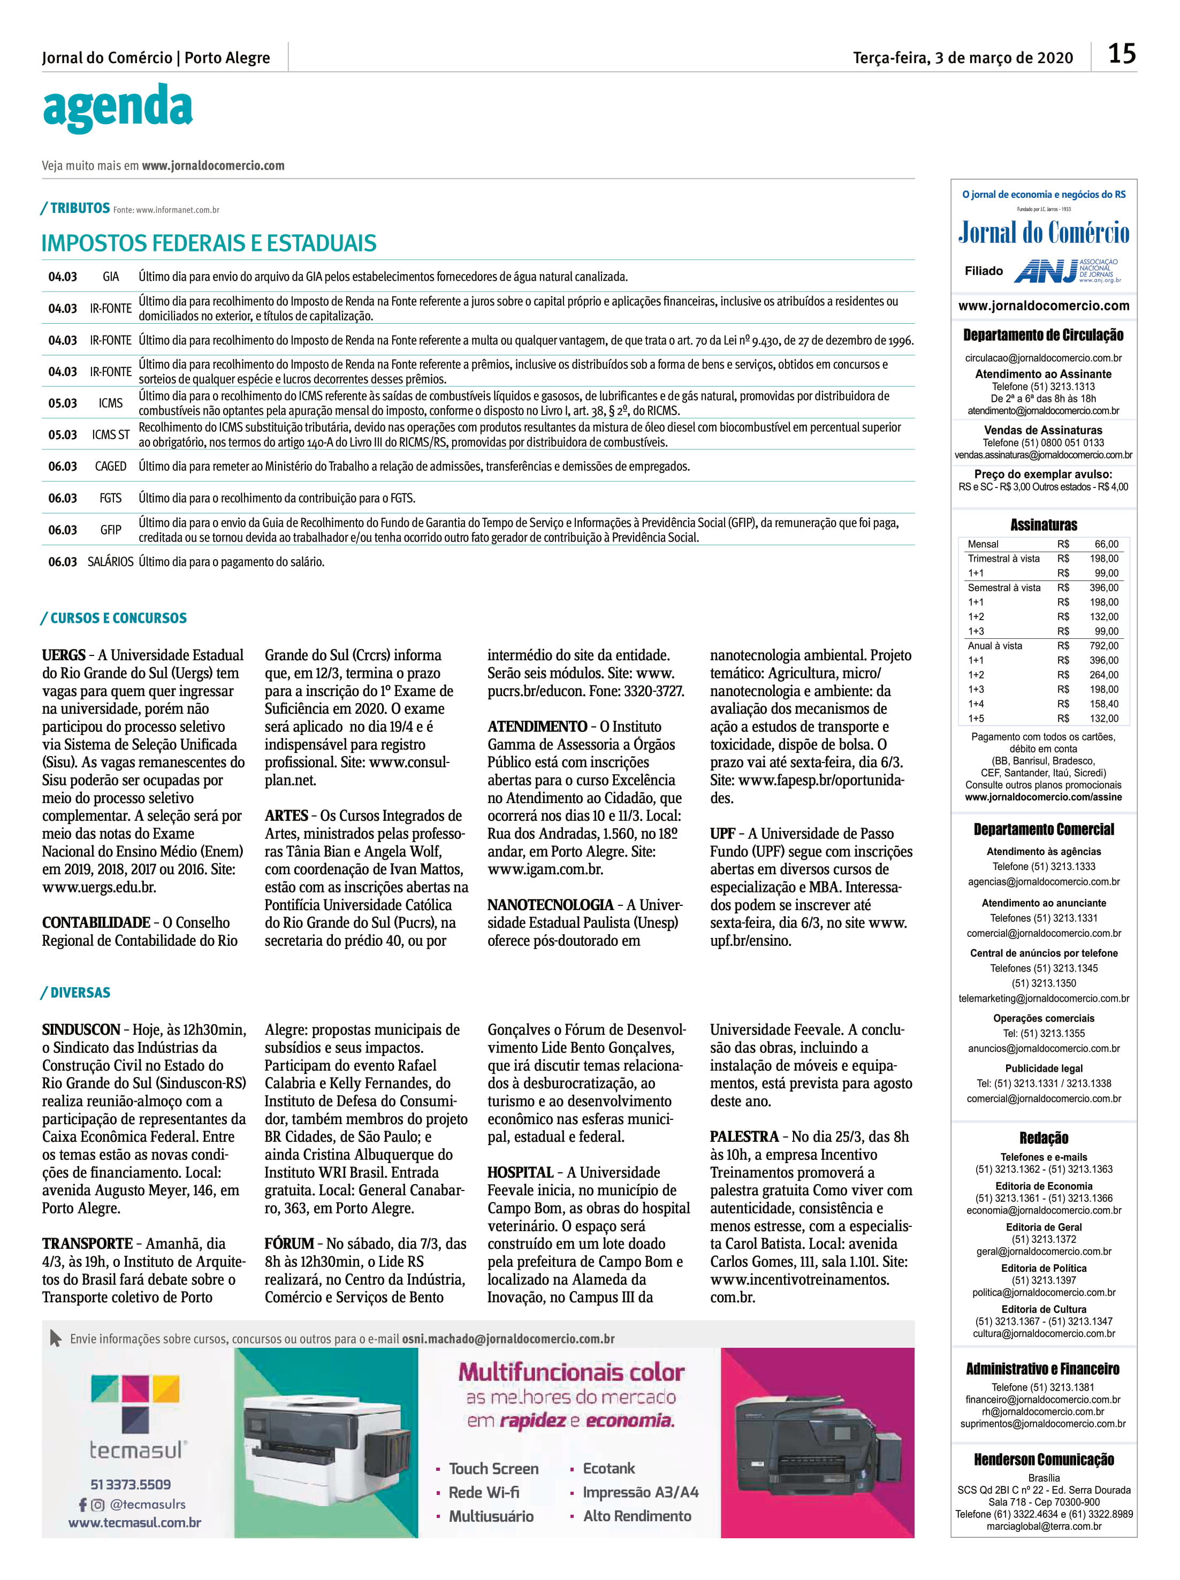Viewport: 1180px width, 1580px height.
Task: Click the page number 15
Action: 1122,54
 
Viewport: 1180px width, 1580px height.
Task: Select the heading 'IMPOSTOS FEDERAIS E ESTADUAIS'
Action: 209,243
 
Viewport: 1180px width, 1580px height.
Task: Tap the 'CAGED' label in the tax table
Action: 111,466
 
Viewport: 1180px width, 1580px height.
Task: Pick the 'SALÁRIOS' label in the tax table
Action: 111,562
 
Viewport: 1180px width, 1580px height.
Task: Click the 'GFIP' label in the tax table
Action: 111,530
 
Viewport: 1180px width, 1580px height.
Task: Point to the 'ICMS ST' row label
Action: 111,435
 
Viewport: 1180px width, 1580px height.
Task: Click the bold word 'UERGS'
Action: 63,655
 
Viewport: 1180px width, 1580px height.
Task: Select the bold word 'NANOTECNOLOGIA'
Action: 550,905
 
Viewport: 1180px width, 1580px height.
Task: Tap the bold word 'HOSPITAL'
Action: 520,1172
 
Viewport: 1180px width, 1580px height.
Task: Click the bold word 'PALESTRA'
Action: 743,1136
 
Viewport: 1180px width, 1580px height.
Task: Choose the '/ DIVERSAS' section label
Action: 75,993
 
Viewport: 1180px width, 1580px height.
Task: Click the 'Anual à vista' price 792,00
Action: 1103,646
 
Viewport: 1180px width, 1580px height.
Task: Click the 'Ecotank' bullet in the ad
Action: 608,1469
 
